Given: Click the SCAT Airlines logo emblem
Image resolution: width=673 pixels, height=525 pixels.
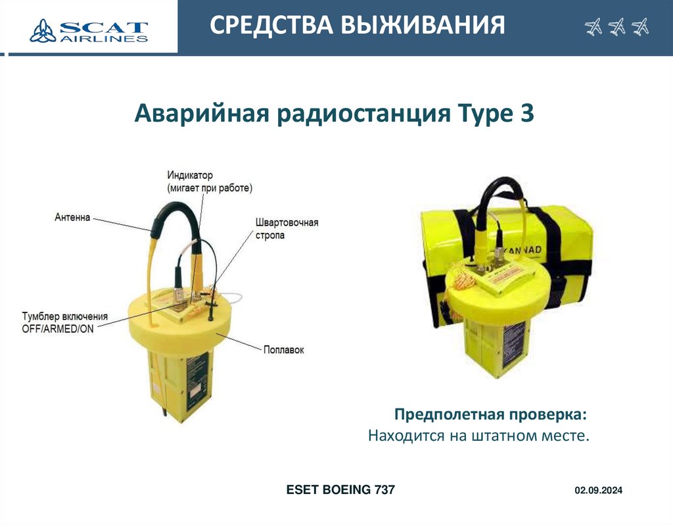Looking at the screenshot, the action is [43, 30].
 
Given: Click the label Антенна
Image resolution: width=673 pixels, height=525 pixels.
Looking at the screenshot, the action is [72, 217].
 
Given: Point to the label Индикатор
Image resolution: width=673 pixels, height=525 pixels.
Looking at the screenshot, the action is [190, 175].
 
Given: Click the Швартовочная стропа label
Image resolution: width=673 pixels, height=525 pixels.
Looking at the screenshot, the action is [287, 228].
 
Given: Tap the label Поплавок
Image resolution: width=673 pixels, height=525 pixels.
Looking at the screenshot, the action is [283, 350].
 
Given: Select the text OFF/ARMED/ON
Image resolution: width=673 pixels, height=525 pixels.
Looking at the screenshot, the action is [58, 329].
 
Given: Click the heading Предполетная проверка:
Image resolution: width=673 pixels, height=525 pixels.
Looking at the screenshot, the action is [490, 414].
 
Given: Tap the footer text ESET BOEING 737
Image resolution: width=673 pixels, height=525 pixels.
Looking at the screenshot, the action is [340, 489].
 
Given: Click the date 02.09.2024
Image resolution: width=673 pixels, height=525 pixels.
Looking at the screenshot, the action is [598, 490].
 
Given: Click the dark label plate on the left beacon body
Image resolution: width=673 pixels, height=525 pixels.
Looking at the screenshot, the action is [197, 382].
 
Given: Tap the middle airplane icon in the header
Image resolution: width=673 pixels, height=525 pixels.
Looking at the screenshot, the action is [616, 27].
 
